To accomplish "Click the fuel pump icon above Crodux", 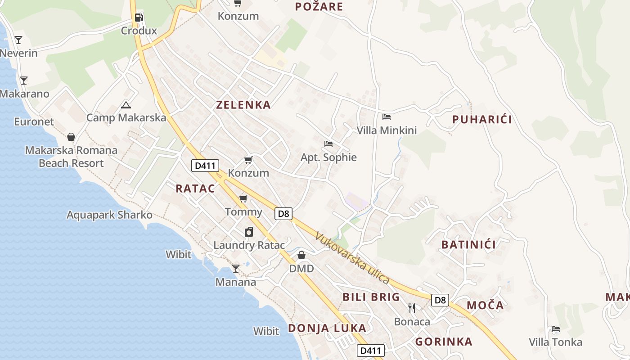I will pyautogui.click(x=139, y=18).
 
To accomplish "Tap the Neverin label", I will pyautogui.click(x=18, y=53).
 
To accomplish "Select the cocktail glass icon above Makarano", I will pyautogui.click(x=24, y=81).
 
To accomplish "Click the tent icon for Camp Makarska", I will pyautogui.click(x=126, y=105).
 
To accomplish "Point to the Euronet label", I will pyautogui.click(x=34, y=121).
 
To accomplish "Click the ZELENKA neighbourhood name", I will pyautogui.click(x=243, y=105).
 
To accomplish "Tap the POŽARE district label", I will pyautogui.click(x=319, y=6).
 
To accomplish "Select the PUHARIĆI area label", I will pyautogui.click(x=482, y=119).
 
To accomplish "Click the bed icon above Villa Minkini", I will pyautogui.click(x=386, y=117).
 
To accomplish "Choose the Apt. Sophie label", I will pyautogui.click(x=328, y=157).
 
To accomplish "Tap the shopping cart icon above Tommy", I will pyautogui.click(x=243, y=198).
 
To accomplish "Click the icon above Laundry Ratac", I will pyautogui.click(x=248, y=232).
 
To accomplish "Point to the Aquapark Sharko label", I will pyautogui.click(x=110, y=215).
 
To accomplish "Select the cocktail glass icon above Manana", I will pyautogui.click(x=236, y=269).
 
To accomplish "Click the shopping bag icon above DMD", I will pyautogui.click(x=301, y=255).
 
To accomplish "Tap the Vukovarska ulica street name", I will pyautogui.click(x=352, y=257).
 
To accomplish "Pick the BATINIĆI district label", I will pyautogui.click(x=468, y=245).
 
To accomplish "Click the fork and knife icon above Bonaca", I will pyautogui.click(x=412, y=308).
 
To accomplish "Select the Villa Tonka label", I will pyautogui.click(x=555, y=342).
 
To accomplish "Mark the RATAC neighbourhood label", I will pyautogui.click(x=195, y=189).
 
